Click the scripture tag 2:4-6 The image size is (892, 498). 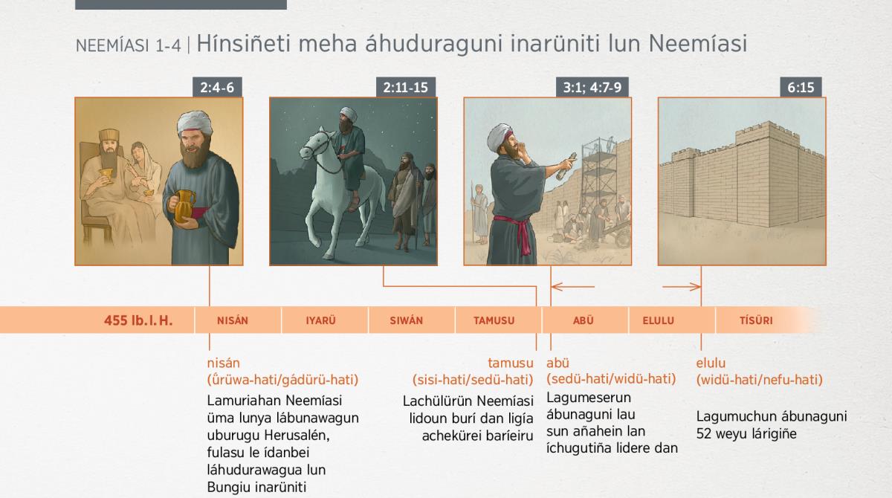click(x=217, y=87)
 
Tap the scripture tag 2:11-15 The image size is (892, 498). click(x=406, y=87)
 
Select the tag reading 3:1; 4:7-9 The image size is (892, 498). click(x=592, y=87)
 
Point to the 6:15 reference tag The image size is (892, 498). click(x=801, y=87)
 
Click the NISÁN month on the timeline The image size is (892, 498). click(x=233, y=320)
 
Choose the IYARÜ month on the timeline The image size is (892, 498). click(x=320, y=320)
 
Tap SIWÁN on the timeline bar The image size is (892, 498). click(x=406, y=320)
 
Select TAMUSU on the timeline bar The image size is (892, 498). click(x=494, y=320)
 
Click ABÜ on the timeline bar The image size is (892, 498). click(x=584, y=320)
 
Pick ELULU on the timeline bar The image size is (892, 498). click(x=659, y=320)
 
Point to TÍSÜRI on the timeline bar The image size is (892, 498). click(x=756, y=320)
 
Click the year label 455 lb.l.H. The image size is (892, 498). click(x=138, y=320)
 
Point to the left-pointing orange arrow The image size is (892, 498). click(x=573, y=287)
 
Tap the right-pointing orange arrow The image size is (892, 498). click(x=682, y=287)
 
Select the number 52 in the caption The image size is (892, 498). click(x=704, y=433)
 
